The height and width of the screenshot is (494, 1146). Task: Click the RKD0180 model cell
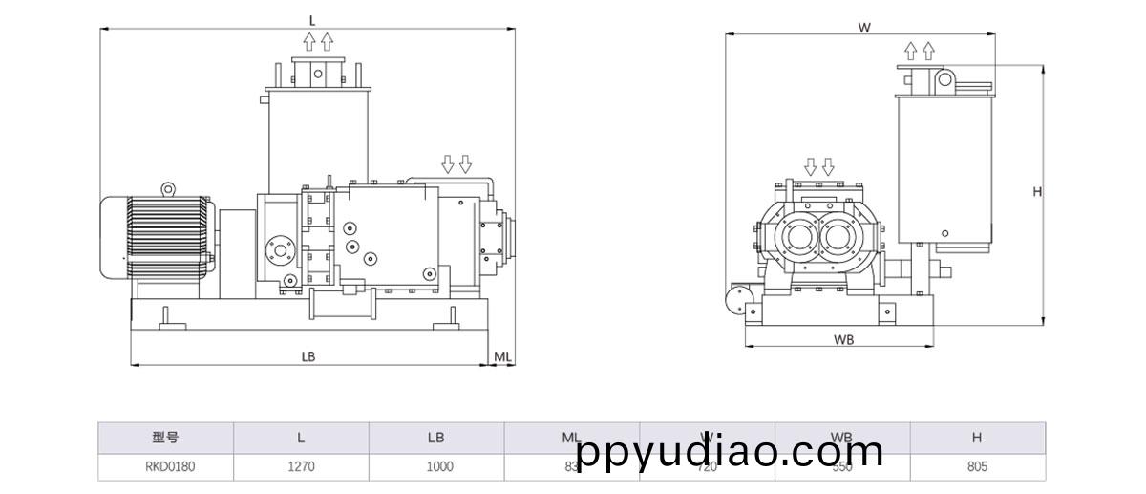165,467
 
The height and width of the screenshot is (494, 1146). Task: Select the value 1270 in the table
301,467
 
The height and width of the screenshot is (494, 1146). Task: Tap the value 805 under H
977,467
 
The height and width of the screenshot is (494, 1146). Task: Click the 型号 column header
165,438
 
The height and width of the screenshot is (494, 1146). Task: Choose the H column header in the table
977,438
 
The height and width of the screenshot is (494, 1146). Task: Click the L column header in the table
301,438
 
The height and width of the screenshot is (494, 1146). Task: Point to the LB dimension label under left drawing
308,356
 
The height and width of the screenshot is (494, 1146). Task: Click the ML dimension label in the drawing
503,356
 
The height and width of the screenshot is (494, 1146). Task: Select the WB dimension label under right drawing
843,339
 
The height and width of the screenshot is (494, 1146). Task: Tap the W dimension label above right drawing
864,28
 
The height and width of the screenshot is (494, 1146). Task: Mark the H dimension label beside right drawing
1037,191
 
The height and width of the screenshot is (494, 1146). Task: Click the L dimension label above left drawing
311,20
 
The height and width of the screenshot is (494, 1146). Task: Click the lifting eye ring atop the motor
168,189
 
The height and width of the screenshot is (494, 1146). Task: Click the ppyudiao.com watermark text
731,451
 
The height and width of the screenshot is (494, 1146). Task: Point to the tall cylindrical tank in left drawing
318,134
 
